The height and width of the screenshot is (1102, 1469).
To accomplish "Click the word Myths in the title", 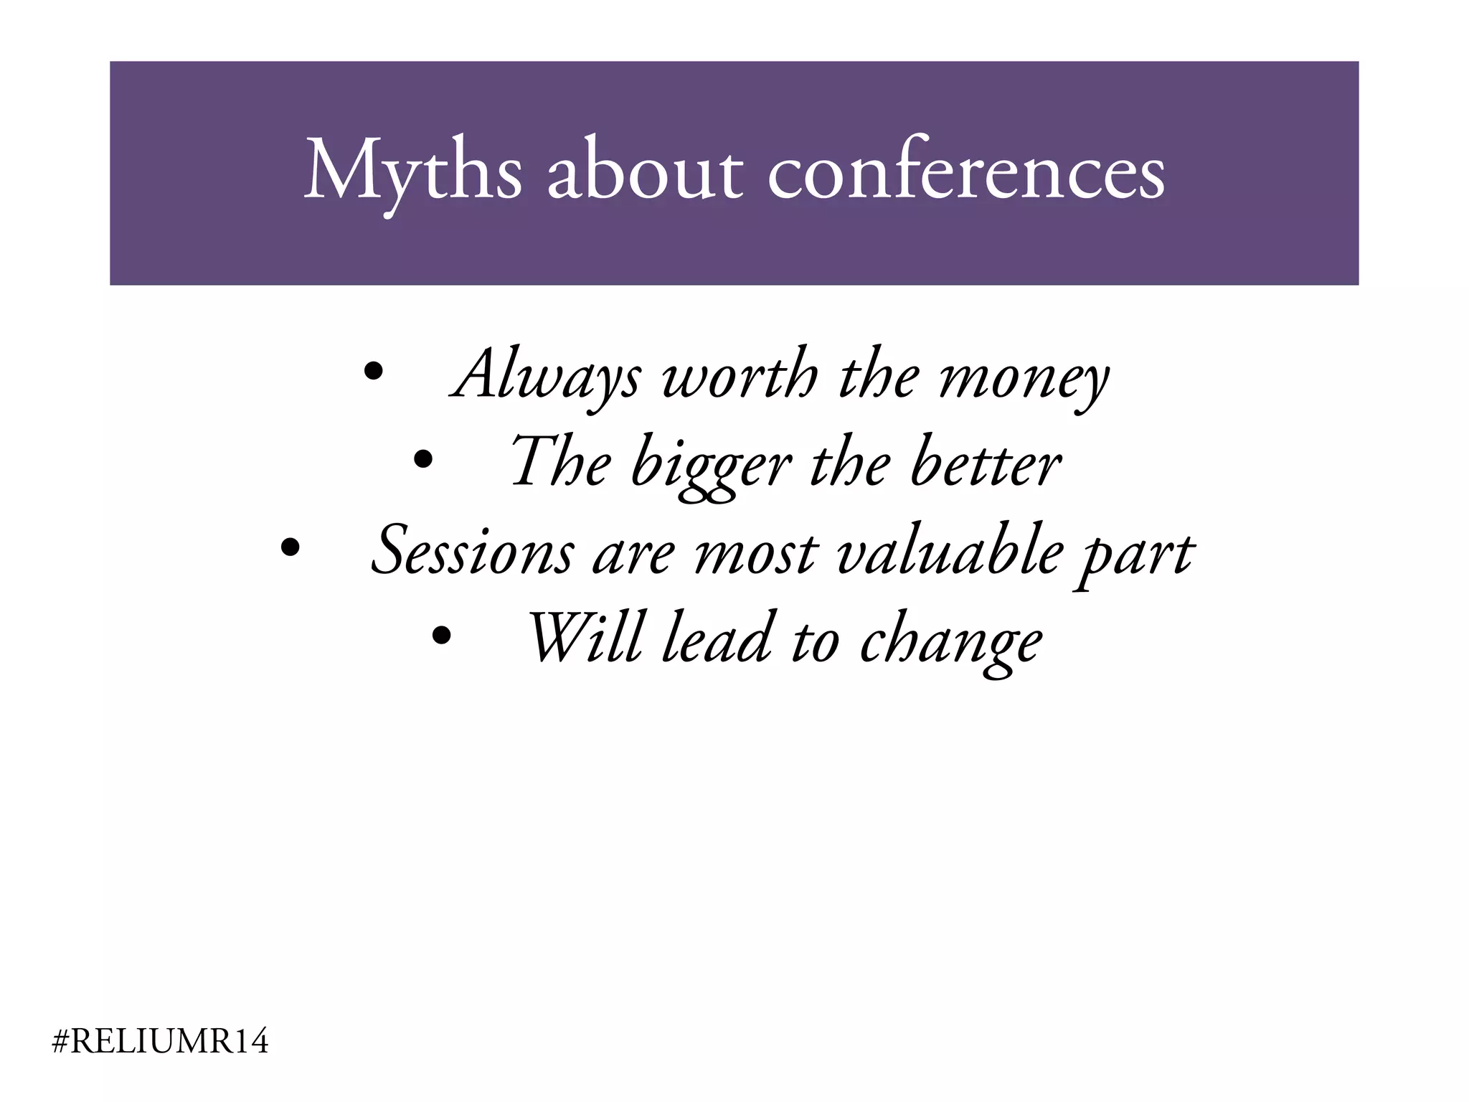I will (412, 172).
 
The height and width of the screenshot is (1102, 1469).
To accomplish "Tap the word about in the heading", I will (645, 172).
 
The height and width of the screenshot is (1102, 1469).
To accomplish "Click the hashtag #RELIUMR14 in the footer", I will (161, 1042).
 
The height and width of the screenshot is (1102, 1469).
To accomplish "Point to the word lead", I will (717, 638).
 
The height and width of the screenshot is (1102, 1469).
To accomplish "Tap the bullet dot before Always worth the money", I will (373, 372).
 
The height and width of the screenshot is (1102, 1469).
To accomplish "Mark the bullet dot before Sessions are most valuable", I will (290, 547).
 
